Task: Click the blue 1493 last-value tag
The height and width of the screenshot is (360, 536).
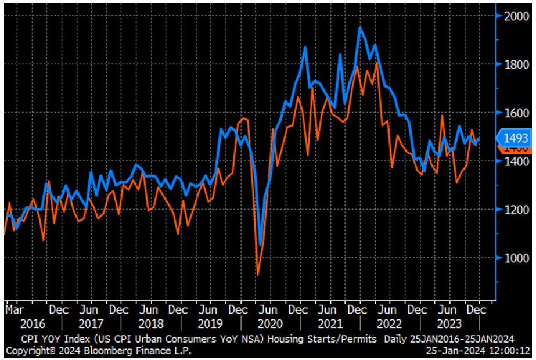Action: coord(515,138)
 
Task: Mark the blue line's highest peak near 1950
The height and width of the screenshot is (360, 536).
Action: coord(360,27)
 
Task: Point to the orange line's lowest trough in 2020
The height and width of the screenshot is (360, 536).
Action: coord(257,275)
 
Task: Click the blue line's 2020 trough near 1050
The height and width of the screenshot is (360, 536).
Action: coord(261,244)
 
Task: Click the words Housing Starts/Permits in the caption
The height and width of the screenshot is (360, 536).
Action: coord(333,339)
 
